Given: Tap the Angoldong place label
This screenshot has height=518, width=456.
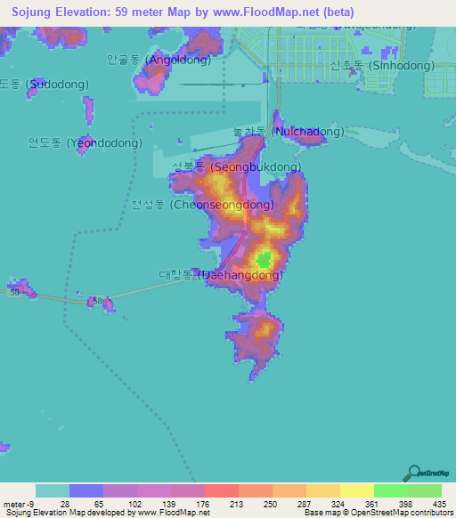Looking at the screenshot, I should [x=159, y=61].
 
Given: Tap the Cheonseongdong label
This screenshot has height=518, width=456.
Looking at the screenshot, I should [x=202, y=205].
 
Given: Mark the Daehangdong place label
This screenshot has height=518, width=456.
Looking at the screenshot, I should [x=222, y=275].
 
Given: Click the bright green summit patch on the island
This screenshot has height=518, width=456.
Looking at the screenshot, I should [x=263, y=261].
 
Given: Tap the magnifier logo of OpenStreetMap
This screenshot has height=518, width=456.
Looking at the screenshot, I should [x=412, y=473].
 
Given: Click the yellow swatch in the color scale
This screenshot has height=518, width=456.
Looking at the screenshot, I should [x=356, y=490].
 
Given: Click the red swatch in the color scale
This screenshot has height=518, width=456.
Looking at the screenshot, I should [x=221, y=490].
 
